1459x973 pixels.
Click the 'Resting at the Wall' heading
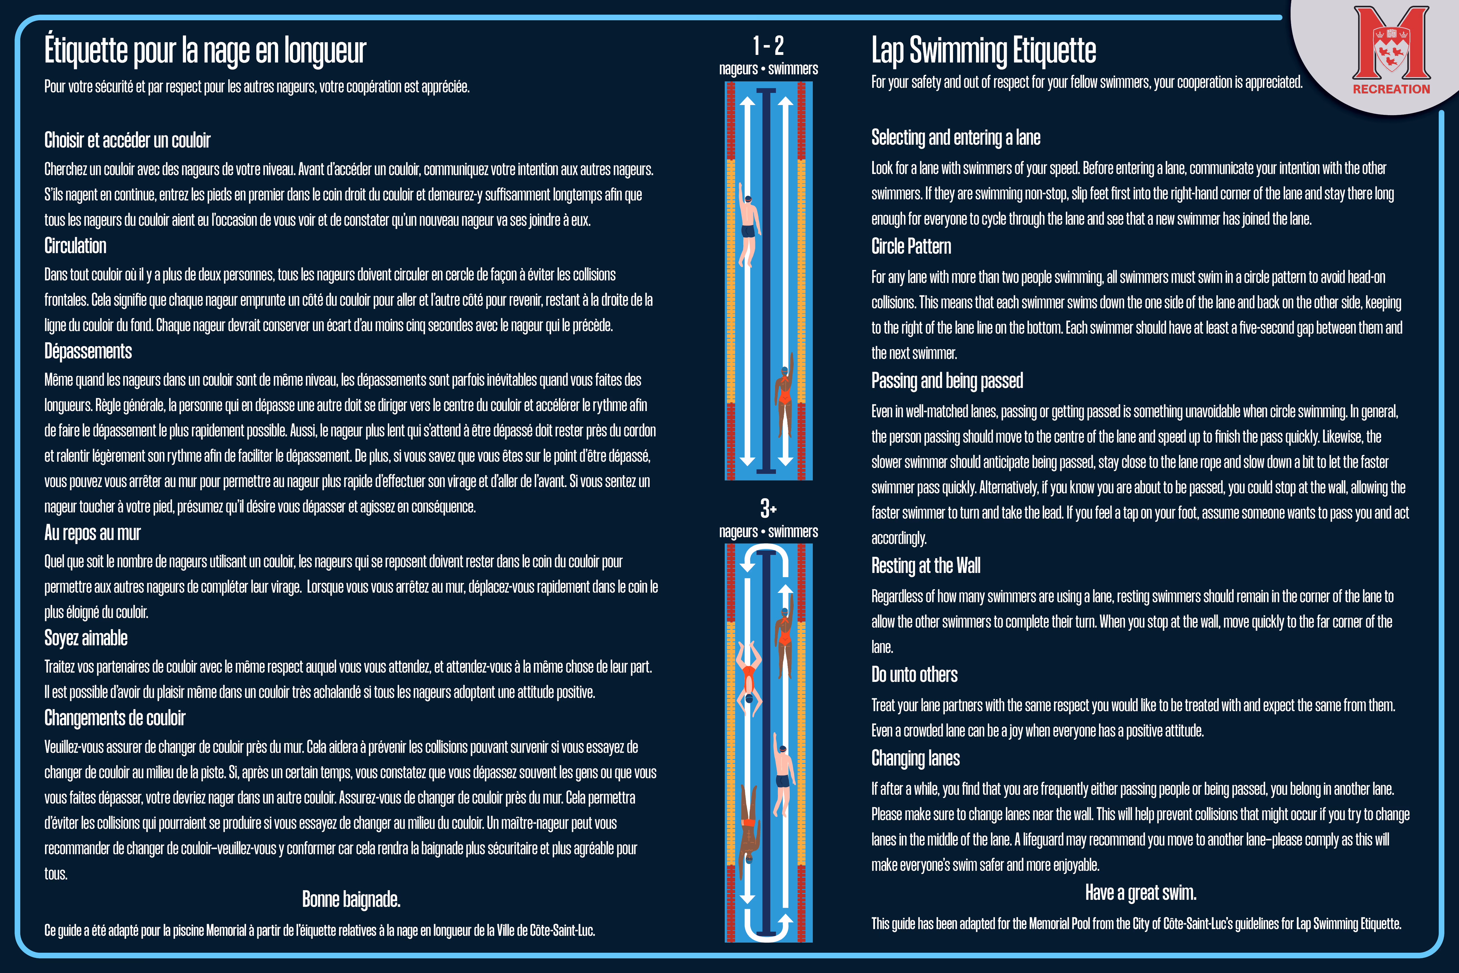(x=925, y=566)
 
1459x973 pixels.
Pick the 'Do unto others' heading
(x=914, y=675)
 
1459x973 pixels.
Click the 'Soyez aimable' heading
(x=86, y=638)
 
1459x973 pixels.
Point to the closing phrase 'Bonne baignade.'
(x=351, y=899)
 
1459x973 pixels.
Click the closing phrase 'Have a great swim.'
(x=1140, y=893)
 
